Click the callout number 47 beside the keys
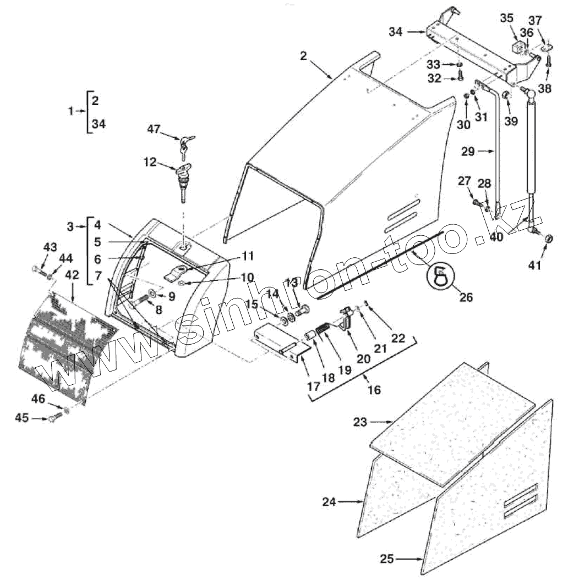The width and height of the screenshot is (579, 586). (154, 129)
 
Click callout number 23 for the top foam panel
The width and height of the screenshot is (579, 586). (360, 422)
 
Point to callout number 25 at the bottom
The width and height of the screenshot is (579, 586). (387, 559)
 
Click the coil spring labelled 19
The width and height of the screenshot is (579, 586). (323, 332)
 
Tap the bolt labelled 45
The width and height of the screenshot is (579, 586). (55, 419)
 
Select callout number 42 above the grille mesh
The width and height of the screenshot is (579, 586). (72, 274)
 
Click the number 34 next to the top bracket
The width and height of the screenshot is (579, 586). (396, 32)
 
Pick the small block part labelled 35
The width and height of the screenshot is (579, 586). (517, 47)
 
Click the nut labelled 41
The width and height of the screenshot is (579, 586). (548, 240)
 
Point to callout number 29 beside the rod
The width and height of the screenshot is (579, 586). (468, 152)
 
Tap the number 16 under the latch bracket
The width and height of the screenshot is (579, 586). (374, 390)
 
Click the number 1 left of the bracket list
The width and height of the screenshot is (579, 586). (70, 111)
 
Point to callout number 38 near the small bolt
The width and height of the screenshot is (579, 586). (545, 88)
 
